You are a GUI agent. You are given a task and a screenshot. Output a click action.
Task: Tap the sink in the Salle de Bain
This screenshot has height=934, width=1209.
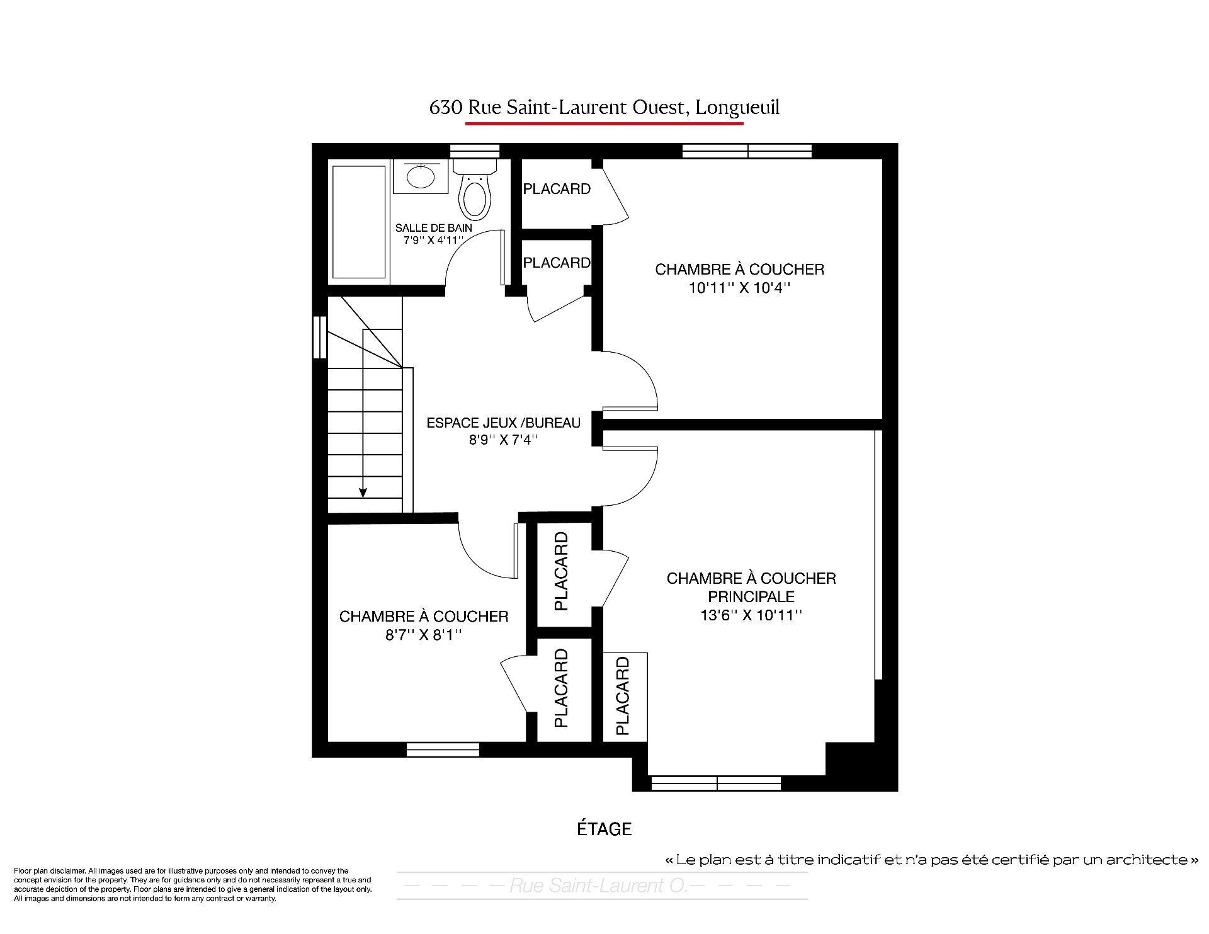[421, 176]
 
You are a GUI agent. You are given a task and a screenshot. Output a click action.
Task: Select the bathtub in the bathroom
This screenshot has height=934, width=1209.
[359, 222]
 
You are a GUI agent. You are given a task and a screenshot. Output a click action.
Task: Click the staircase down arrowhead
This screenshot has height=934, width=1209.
[363, 493]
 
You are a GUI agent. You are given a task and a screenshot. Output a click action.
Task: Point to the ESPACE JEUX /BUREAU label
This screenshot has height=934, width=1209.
[504, 423]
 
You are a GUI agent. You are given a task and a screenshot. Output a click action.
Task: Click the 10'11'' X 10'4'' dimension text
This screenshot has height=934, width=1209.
[739, 288]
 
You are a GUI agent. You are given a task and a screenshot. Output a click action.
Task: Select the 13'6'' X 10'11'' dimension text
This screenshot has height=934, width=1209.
[751, 615]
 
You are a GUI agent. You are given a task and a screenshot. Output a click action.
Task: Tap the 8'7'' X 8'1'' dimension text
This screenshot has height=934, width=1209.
[424, 635]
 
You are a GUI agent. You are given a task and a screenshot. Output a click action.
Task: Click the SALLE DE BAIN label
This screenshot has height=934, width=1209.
[434, 228]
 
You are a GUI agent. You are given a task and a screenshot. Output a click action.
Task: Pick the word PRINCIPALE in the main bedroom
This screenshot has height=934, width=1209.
[751, 596]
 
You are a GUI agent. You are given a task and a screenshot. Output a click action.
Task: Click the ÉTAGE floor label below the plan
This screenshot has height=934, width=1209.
[604, 829]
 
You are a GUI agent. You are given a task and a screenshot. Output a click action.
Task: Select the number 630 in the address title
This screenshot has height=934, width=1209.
[445, 108]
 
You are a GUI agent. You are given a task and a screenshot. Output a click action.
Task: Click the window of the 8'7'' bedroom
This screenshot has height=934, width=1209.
[443, 750]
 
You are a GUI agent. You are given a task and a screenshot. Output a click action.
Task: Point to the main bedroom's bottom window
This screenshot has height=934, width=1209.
[716, 783]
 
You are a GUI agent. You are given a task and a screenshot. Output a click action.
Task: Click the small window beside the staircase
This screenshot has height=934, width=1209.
[320, 337]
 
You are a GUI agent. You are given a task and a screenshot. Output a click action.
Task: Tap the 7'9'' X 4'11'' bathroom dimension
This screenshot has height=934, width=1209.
[433, 240]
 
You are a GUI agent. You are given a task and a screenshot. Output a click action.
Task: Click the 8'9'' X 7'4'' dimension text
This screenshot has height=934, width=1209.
[503, 440]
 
